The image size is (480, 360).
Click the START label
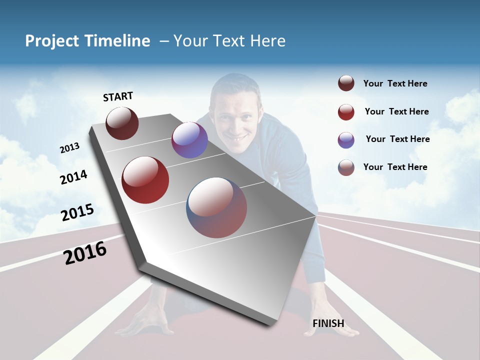[118, 96]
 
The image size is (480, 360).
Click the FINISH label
[328, 323]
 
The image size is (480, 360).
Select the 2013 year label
[69, 147]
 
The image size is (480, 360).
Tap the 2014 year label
[73, 177]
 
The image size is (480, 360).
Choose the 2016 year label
[85, 252]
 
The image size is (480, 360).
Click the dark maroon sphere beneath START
[122, 123]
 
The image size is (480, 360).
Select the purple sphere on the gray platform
[189, 140]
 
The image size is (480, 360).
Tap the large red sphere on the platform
[145, 180]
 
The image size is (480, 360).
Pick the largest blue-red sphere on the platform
[216, 207]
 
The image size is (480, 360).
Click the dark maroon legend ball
[346, 83]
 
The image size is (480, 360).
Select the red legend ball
[346, 112]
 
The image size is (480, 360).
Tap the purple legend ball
[346, 140]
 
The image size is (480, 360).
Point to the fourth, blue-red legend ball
[346, 167]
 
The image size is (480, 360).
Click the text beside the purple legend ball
[397, 139]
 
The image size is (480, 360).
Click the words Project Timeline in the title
[87, 41]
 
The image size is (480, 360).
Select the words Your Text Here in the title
[229, 41]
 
